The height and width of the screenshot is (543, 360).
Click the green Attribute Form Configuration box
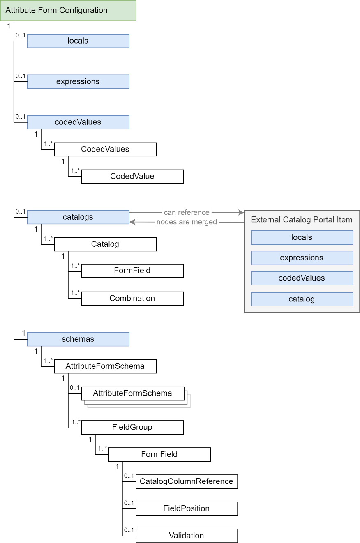68,10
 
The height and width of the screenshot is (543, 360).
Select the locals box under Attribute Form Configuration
78,41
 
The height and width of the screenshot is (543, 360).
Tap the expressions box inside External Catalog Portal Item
302,258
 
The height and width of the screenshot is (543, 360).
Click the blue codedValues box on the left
78,122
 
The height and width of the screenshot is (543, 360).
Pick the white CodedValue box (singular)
132,176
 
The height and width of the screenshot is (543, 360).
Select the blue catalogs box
78,217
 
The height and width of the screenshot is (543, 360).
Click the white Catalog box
105,244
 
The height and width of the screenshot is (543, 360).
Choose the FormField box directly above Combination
132,271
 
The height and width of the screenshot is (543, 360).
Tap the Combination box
132,298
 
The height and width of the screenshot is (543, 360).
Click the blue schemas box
78,339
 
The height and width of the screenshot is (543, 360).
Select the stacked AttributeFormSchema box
132,393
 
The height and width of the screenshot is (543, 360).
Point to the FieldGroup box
132,427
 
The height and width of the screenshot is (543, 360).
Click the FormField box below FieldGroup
159,454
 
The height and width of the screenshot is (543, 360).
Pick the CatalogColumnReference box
187,481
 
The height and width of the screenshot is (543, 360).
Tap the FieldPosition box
187,508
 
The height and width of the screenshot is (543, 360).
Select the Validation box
187,536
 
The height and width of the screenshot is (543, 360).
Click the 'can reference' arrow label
187,212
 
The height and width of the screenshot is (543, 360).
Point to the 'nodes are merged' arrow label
187,222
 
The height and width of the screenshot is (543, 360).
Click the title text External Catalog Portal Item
302,219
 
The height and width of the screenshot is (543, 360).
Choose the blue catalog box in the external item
302,299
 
